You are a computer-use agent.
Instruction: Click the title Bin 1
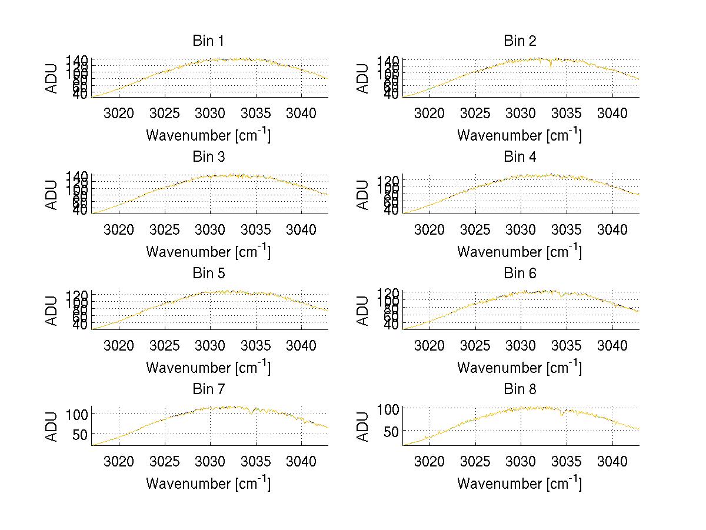coord(208,41)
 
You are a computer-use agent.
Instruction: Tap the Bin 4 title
coord(519,157)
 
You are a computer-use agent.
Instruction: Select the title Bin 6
coord(519,274)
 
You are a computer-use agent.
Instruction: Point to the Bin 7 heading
coord(208,389)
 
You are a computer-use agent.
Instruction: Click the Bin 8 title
coord(519,389)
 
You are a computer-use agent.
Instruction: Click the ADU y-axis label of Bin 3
coord(52,194)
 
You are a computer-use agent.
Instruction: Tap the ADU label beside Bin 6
coord(363,310)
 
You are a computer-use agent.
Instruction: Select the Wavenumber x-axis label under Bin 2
coord(519,135)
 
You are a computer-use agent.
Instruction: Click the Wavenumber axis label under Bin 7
coord(208,484)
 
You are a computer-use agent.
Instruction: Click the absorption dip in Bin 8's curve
coord(562,414)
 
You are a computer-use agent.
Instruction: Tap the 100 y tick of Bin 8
coord(391,408)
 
